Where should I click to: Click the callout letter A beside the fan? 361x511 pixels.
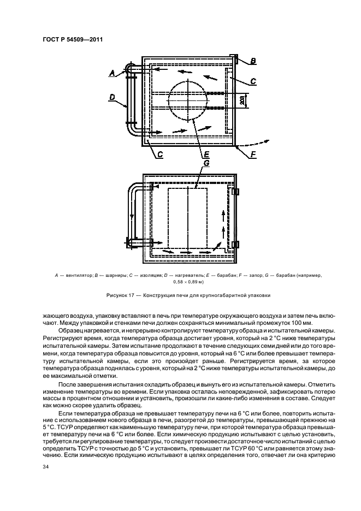coord(113,72)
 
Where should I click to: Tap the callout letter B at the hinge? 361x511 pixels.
coord(253,61)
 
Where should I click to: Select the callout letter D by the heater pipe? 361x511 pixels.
coord(111,97)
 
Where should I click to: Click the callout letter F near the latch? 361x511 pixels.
coord(252,155)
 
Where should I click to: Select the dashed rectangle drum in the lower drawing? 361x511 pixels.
coord(187,218)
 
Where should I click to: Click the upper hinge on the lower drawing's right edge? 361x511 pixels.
coord(236,192)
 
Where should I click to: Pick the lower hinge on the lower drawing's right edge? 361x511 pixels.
coord(236,243)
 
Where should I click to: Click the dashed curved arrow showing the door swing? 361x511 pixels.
coord(256,144)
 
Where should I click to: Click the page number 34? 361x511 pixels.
coord(45,467)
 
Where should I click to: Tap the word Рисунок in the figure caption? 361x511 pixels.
coord(119,295)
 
